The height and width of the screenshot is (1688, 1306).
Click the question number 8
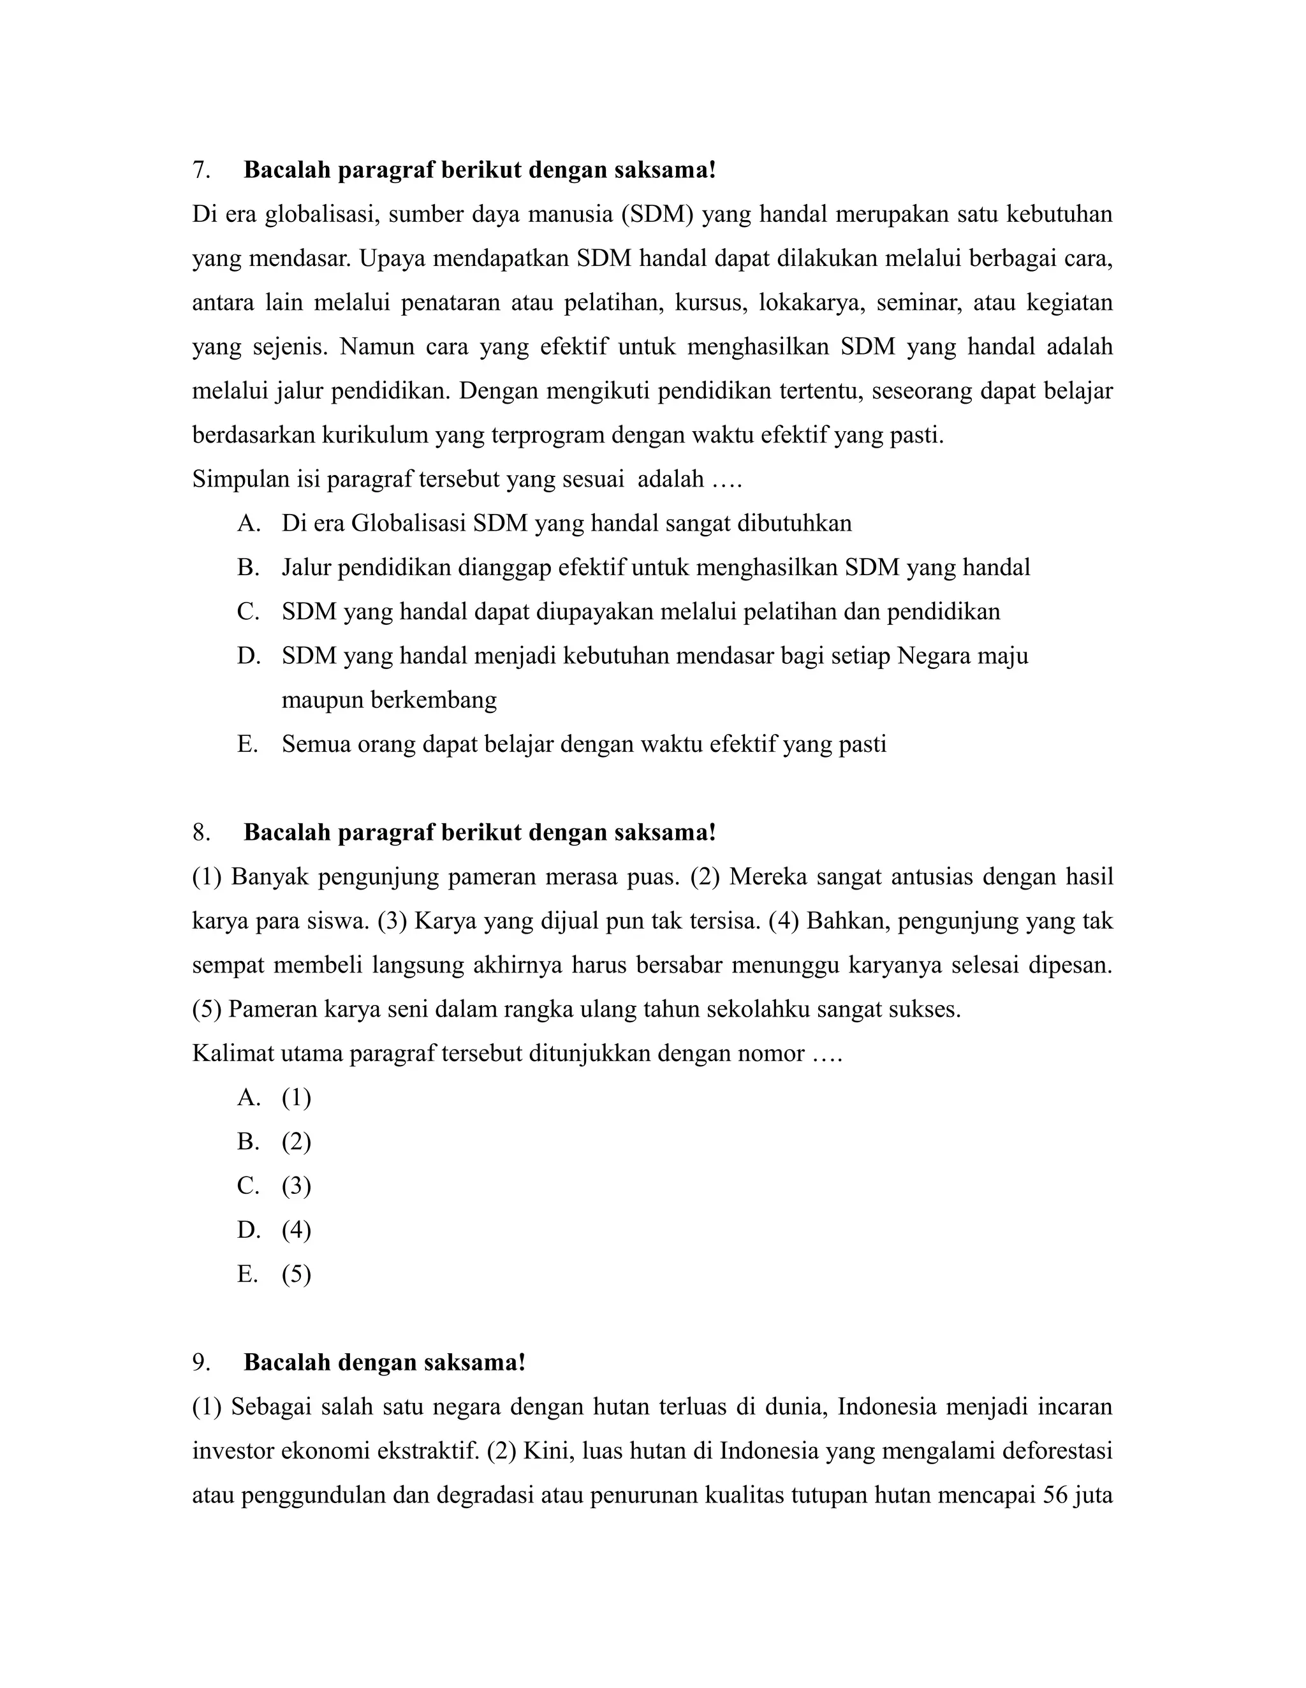(201, 832)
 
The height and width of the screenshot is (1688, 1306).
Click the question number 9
(201, 1362)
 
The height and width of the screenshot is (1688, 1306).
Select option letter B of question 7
(247, 568)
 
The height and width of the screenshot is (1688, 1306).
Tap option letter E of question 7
(247, 744)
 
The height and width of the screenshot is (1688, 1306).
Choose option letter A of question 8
(247, 1097)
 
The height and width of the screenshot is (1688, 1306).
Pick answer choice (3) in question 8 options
(296, 1185)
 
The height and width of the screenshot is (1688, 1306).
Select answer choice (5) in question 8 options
(296, 1273)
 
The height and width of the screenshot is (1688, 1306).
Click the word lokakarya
(809, 303)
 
